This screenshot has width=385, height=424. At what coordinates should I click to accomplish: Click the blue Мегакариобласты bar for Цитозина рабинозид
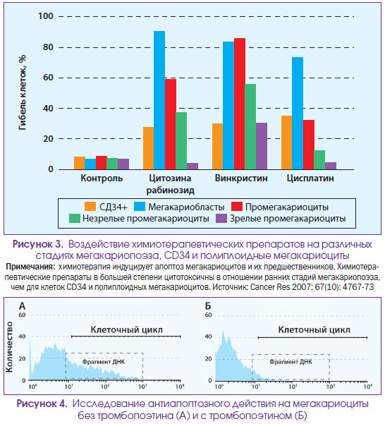click(159, 100)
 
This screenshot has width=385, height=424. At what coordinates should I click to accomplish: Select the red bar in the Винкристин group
click(240, 104)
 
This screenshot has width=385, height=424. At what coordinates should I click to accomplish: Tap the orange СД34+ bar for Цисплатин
click(287, 143)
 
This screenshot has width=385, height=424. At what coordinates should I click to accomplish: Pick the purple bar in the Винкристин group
click(262, 146)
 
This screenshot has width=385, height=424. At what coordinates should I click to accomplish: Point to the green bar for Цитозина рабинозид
click(181, 141)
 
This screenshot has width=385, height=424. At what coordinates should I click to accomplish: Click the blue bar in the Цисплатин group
click(298, 114)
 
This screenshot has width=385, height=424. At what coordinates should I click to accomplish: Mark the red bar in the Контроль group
click(102, 163)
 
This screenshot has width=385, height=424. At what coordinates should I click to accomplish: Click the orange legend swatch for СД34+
click(90, 206)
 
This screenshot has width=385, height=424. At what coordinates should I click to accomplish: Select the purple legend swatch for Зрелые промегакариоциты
click(221, 218)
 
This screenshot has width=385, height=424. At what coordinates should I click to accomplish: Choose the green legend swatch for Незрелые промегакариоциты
click(75, 218)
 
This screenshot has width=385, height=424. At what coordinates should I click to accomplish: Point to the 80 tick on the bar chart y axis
click(48, 47)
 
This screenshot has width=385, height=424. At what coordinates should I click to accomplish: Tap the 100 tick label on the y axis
click(46, 16)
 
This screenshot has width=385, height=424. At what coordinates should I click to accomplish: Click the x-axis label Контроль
click(102, 178)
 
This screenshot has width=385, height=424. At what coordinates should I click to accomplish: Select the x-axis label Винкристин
click(241, 178)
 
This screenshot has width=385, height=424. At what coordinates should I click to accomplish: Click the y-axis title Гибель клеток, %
click(23, 92)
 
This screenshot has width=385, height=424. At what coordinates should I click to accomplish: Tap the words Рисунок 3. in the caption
click(38, 244)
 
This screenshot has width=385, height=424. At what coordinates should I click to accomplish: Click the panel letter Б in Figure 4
click(208, 306)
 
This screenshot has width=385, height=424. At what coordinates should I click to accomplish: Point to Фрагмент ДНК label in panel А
click(104, 362)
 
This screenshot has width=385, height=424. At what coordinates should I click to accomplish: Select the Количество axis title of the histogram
click(9, 347)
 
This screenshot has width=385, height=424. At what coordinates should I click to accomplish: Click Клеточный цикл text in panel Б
click(314, 329)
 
